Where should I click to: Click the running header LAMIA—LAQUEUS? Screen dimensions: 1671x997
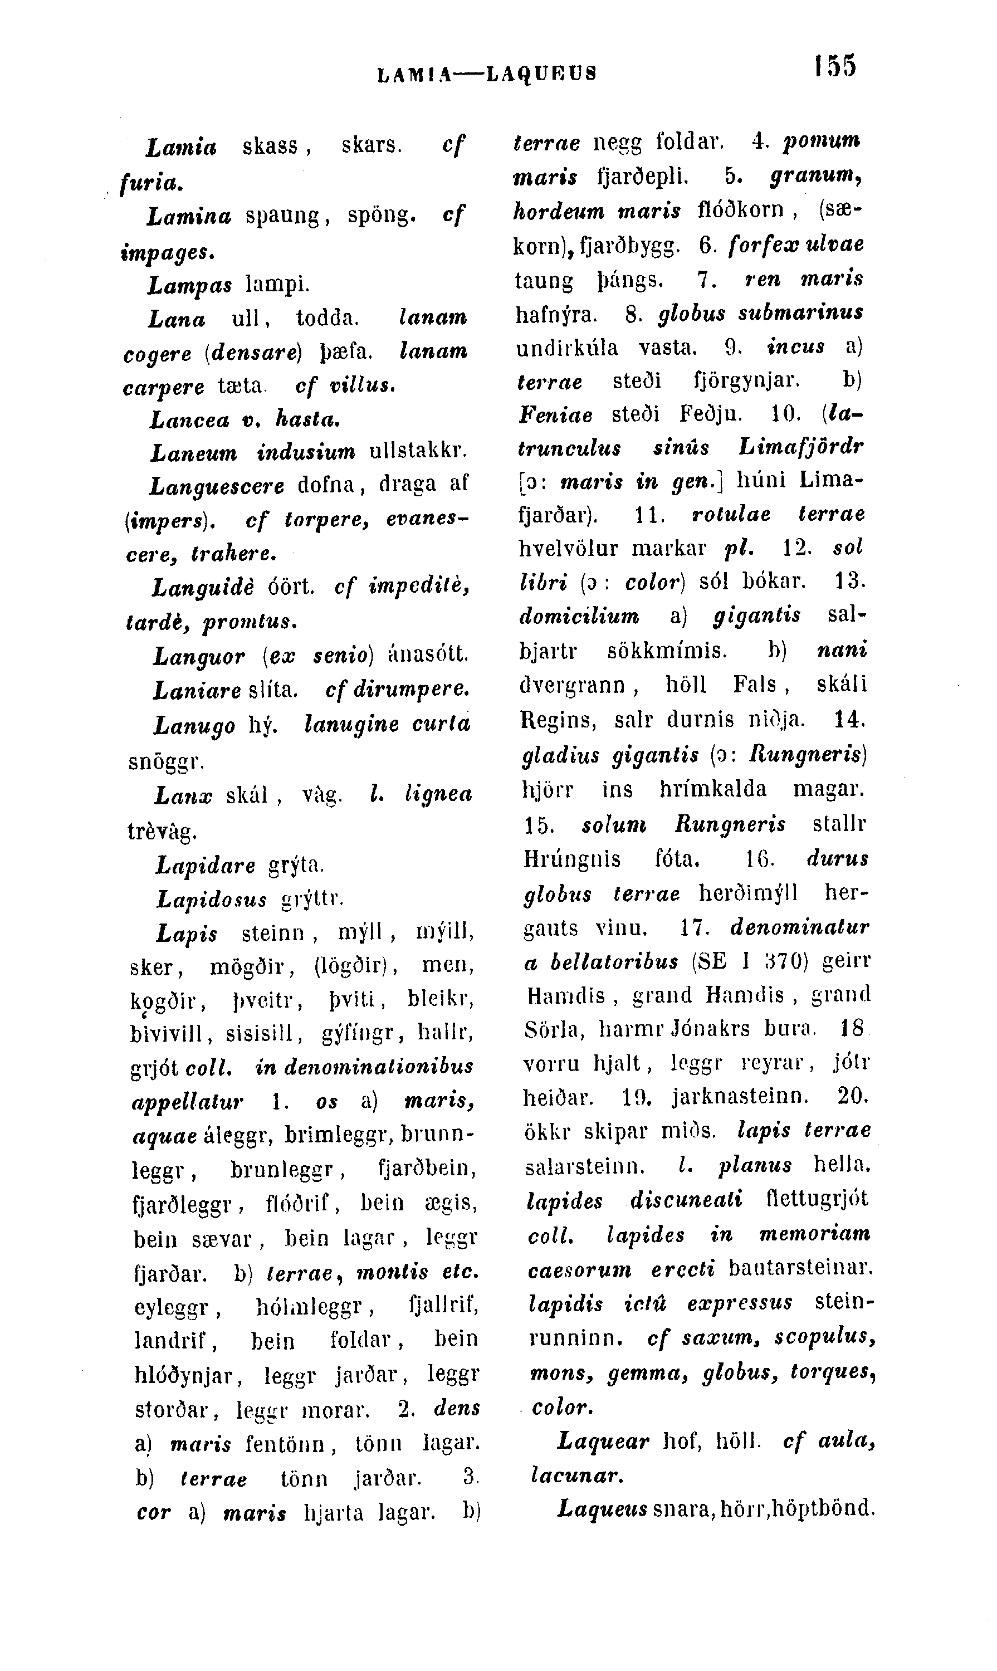pos(486,72)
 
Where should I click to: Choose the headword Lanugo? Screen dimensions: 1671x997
pos(194,726)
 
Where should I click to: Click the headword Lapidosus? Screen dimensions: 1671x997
pos(212,898)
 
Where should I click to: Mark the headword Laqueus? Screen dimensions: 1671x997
pos(602,1509)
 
